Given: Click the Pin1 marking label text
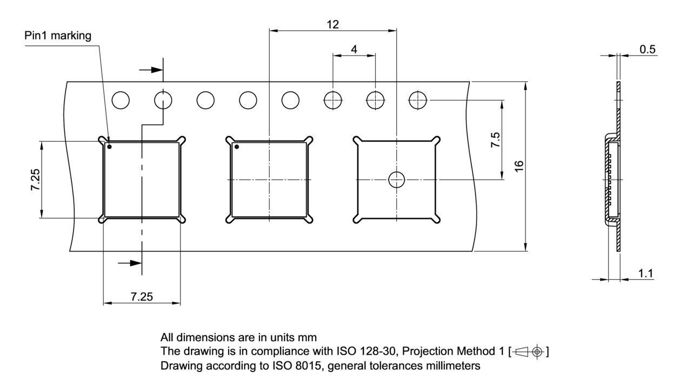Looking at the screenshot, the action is coord(58,36).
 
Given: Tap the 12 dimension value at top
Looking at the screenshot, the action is coord(332,24).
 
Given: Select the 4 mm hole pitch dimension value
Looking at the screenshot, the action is coord(354,49).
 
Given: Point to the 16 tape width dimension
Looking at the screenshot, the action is coord(519,166).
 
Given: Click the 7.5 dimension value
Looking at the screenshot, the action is coord(495,140).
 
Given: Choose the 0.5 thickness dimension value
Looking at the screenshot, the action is coord(648,49).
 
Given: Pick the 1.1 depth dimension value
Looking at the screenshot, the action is coord(646,273).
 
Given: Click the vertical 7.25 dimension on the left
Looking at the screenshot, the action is coord(35,180).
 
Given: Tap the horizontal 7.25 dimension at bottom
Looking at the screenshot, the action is coord(142,296).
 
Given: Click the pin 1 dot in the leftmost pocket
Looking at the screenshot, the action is coord(109,147).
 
